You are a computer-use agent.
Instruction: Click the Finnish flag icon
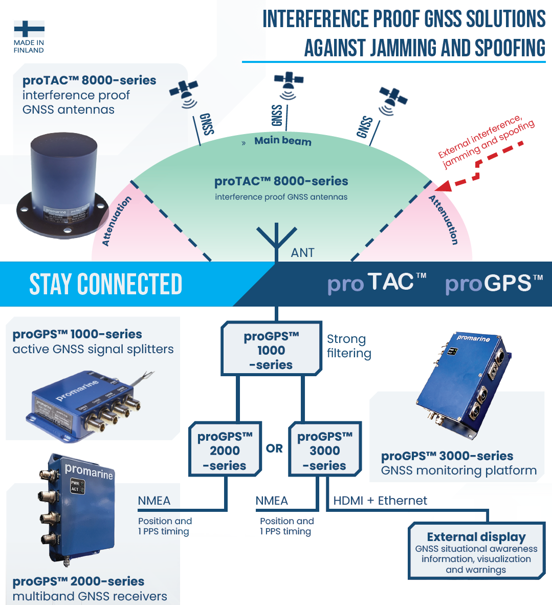[29, 29]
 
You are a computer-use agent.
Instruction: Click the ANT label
[302, 252]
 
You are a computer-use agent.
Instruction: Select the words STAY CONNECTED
[106, 284]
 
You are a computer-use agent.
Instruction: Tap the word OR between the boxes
[274, 448]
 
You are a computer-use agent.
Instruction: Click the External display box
[476, 551]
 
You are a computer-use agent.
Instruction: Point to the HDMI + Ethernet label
[380, 501]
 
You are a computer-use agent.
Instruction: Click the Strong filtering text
[349, 346]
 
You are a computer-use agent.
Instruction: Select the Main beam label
[282, 141]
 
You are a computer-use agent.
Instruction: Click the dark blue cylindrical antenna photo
[62, 184]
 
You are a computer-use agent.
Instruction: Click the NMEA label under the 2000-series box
[154, 501]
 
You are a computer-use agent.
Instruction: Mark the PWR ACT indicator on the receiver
[75, 486]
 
